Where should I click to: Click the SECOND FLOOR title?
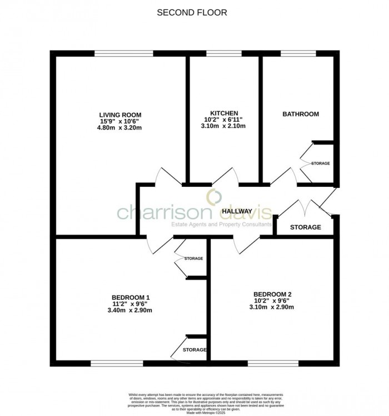tap(192, 13)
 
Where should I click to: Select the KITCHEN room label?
tap(224, 112)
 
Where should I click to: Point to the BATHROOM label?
tap(301, 114)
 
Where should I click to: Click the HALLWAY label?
tap(237, 211)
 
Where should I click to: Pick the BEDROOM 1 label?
tap(131, 296)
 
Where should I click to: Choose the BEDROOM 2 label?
tap(272, 294)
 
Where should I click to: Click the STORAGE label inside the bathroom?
tap(320, 164)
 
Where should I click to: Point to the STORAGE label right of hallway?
tap(305, 227)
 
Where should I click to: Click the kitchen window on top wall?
tap(223, 53)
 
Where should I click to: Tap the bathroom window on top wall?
tap(298, 53)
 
